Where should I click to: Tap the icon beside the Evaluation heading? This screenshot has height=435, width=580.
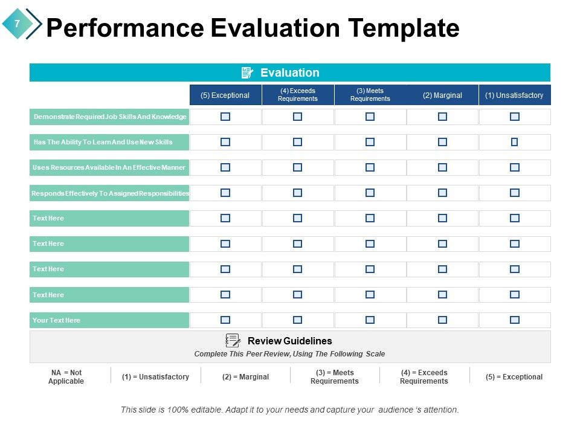[x=247, y=73]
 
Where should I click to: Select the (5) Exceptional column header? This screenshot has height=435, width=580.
[x=225, y=95]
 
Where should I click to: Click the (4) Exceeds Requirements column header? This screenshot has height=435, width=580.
[x=297, y=95]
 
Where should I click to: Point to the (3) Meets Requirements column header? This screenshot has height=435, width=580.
[x=370, y=95]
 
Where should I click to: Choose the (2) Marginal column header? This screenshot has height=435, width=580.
[x=442, y=95]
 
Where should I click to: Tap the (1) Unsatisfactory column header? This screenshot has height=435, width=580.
[x=514, y=95]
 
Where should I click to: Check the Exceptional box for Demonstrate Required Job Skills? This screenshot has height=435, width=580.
[x=225, y=117]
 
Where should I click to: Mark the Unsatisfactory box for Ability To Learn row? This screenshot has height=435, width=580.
[x=514, y=142]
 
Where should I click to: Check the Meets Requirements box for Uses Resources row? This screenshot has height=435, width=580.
[x=370, y=167]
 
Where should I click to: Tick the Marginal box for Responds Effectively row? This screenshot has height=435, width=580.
[x=442, y=193]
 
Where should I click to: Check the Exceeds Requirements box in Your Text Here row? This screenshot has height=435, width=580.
[x=297, y=320]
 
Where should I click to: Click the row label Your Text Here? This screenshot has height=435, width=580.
[x=56, y=320]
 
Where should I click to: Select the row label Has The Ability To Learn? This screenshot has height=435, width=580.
[x=103, y=142]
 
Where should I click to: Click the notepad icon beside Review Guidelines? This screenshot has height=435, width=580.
[x=233, y=341]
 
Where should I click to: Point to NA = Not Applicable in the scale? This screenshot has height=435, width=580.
[x=66, y=377]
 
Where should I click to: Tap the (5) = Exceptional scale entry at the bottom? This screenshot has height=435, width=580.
[x=514, y=377]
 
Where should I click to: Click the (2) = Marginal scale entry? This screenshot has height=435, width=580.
[x=245, y=377]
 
